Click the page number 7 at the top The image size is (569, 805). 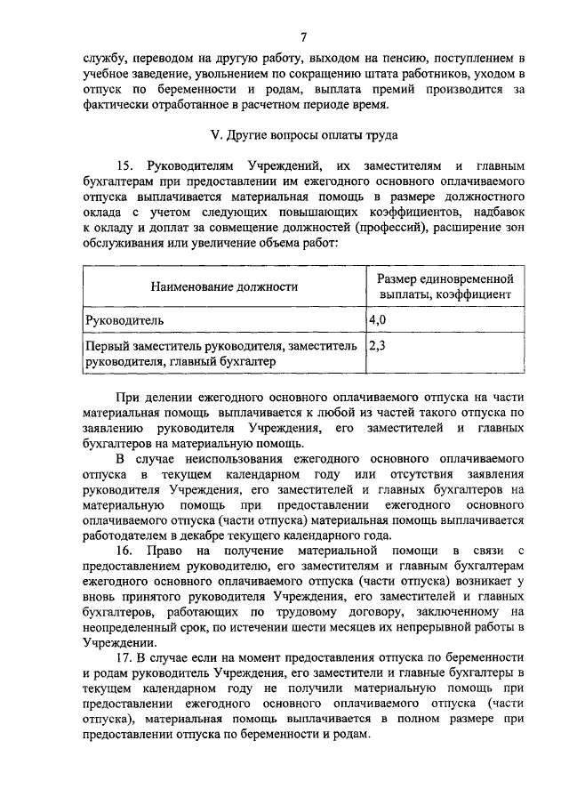pyautogui.click(x=303, y=36)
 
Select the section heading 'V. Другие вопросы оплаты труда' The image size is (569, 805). pyautogui.click(x=303, y=136)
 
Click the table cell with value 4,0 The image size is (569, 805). pyautogui.click(x=377, y=318)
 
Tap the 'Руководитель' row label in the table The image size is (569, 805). pyautogui.click(x=124, y=318)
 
